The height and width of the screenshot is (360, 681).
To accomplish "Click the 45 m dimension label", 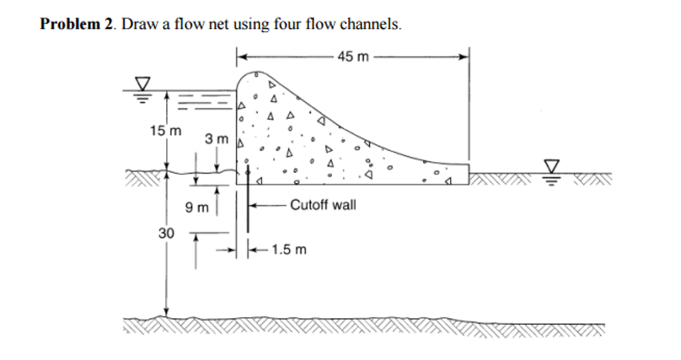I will point(352,57).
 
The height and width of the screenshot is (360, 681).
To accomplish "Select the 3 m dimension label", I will point(216,140).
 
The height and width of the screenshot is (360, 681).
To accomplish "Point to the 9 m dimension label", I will point(197,208).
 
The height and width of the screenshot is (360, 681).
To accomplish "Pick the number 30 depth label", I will point(166,233).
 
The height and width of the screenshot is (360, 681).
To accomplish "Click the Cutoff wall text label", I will point(323,205).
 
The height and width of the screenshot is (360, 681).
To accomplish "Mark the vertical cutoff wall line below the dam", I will point(248,206).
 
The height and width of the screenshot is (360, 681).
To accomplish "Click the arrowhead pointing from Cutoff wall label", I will point(254,205).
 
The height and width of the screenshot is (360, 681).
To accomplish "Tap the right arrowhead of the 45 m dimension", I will point(465,57).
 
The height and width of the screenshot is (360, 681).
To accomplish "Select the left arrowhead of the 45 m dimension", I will point(242,57).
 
